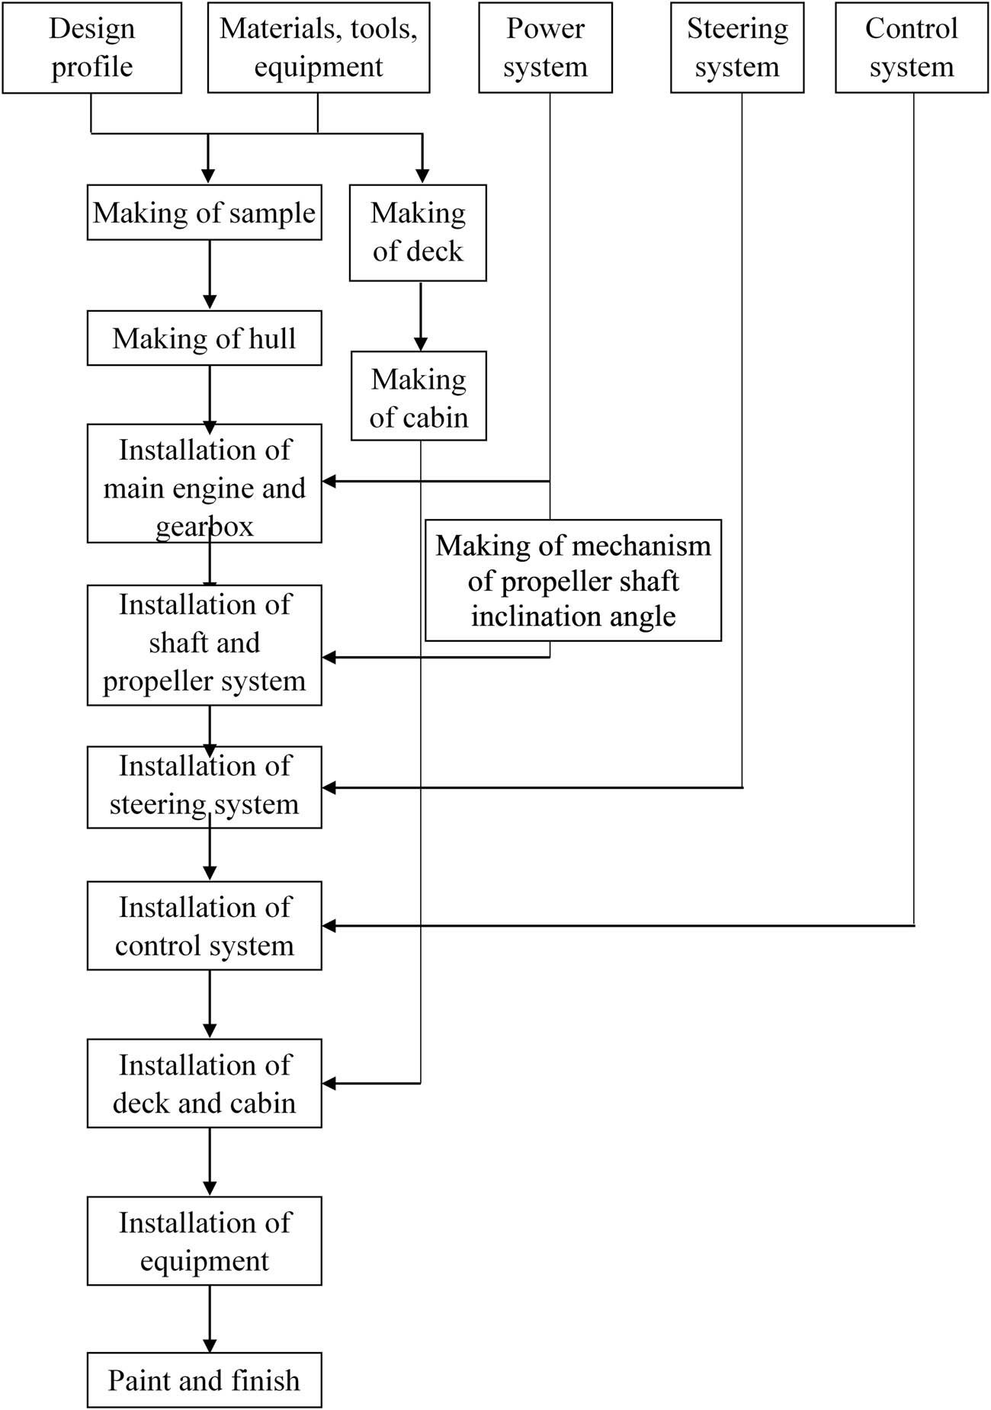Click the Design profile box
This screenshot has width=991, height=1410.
coord(91,47)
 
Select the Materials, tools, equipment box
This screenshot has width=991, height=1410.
coord(319,47)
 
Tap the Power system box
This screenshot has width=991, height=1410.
coord(545,47)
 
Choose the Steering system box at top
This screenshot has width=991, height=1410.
coord(737,47)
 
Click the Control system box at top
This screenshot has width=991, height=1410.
coord(912,47)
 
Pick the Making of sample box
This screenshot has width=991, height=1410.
coord(204,213)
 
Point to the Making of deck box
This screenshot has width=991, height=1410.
coord(418,232)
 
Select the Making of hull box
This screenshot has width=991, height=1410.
coord(204,338)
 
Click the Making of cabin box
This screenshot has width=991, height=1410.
coord(419,396)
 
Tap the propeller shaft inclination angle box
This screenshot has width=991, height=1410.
coord(573,581)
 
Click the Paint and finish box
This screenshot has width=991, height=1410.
coord(204,1380)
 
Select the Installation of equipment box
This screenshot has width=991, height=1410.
coord(204,1241)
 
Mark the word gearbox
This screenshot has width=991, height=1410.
coord(204,527)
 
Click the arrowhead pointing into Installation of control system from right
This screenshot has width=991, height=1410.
coord(329,926)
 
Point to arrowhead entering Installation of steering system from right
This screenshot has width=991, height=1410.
coord(329,787)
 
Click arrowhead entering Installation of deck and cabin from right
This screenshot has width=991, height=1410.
coord(329,1083)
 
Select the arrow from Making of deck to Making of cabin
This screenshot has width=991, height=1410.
coord(420,316)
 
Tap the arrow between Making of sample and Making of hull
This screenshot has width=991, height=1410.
coord(210,275)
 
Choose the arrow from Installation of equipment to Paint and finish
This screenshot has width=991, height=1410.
coord(210,1319)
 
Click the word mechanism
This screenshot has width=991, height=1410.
coord(660,546)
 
